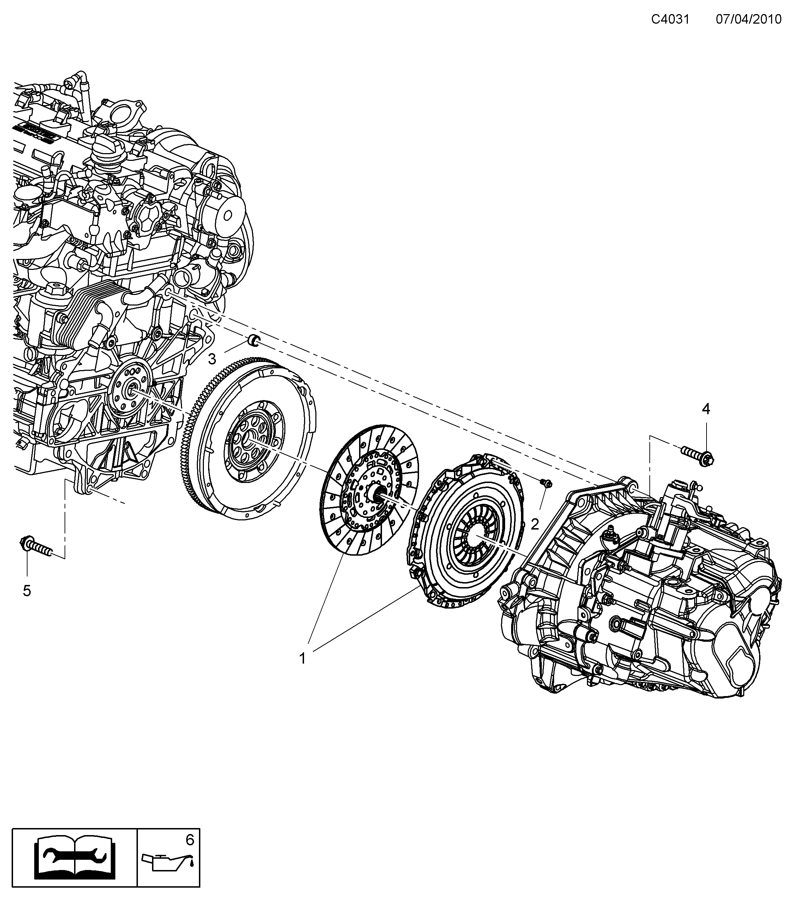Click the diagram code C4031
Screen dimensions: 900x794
tap(670, 19)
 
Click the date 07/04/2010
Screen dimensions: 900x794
tap(748, 19)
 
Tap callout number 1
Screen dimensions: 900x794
tap(302, 671)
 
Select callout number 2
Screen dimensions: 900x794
tap(535, 524)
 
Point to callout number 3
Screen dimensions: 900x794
tap(212, 359)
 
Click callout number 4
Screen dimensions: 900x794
tap(705, 410)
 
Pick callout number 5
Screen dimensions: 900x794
tap(27, 591)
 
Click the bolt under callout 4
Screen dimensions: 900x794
tap(698, 456)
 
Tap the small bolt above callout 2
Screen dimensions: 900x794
tap(547, 483)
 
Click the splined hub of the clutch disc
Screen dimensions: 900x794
tap(378, 494)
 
